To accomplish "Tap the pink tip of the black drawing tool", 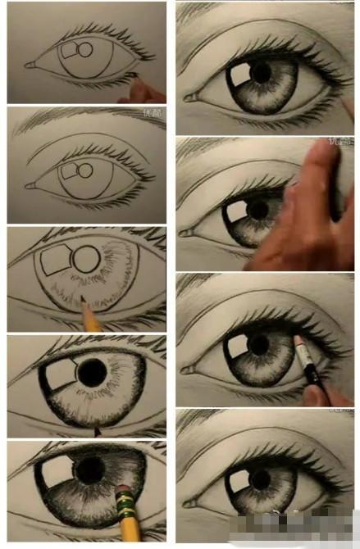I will (298, 339).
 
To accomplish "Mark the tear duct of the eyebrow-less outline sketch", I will (30, 64).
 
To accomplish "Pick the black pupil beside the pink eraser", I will (90, 470).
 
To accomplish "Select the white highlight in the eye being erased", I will (56, 470).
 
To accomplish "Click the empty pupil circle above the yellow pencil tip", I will (85, 259).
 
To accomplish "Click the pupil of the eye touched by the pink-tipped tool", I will (261, 345).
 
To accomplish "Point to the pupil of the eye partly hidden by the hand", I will (257, 210).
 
